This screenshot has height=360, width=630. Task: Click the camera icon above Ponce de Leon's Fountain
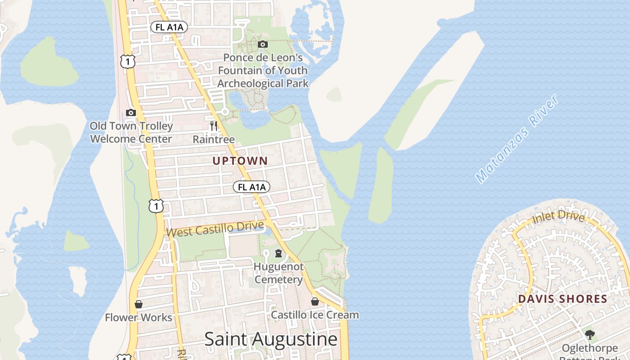click(263, 44)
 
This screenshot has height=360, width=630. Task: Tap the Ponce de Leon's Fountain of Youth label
click(263, 71)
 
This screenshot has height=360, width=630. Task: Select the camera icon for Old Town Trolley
click(131, 112)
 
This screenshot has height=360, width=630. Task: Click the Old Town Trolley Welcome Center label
click(131, 132)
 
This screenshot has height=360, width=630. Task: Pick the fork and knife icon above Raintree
click(214, 126)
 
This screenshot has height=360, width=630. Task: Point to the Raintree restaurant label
click(214, 139)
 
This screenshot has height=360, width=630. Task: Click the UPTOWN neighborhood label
click(240, 161)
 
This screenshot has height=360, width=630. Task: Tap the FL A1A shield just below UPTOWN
click(252, 187)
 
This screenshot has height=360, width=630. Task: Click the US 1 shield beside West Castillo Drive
click(156, 206)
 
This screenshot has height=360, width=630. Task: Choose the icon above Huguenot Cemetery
click(279, 253)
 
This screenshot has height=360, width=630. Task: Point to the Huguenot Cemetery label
click(278, 273)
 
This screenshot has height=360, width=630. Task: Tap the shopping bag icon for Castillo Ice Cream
click(315, 301)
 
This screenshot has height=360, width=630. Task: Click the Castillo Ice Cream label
click(315, 315)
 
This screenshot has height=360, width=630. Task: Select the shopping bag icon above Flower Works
click(139, 304)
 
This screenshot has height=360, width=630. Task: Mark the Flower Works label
click(139, 318)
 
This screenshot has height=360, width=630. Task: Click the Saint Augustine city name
click(271, 339)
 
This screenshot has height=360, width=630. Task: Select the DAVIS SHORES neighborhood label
click(562, 299)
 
